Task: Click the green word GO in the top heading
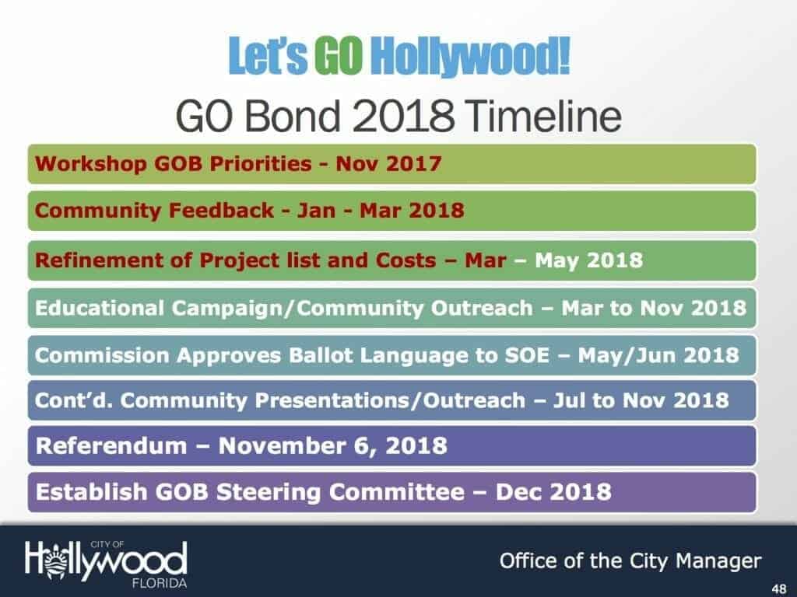coord(339,55)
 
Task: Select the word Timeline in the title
coord(542,116)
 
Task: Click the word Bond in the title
coord(292,116)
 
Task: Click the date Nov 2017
coord(388,164)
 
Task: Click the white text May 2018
coord(588,260)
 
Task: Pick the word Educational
coord(100,308)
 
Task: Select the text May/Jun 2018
coord(658,355)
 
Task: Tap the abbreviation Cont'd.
coord(74,400)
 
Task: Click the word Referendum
coord(111,445)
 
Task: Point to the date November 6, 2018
coord(333,446)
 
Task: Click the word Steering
coord(269,492)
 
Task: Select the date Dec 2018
coord(553,492)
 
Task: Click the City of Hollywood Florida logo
coord(106,564)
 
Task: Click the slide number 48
coord(778,589)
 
